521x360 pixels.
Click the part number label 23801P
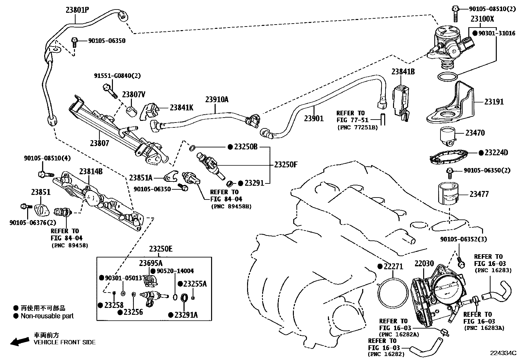click(x=77, y=10)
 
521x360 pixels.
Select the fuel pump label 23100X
click(x=482, y=19)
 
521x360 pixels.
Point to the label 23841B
click(x=403, y=71)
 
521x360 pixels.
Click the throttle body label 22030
click(x=424, y=263)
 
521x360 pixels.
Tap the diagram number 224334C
click(x=503, y=353)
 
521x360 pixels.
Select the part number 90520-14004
click(x=175, y=271)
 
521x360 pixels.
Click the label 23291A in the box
click(x=186, y=315)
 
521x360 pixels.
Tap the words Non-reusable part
click(x=47, y=316)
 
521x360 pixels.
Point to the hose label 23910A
click(x=217, y=100)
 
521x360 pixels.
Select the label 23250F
click(x=286, y=164)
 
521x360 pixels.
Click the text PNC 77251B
click(x=357, y=127)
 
